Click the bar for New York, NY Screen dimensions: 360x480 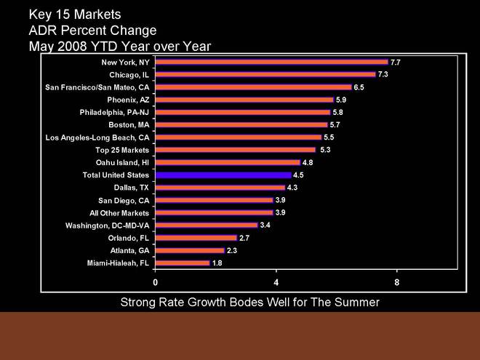(x=271, y=62)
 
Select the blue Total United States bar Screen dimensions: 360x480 (x=223, y=175)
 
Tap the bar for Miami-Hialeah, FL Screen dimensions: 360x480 (x=182, y=263)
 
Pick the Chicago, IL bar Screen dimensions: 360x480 (x=265, y=74)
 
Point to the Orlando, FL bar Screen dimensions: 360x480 (x=196, y=238)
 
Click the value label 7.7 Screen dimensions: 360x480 (x=396, y=63)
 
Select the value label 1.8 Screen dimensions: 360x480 (x=217, y=263)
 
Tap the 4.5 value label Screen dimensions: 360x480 (x=298, y=175)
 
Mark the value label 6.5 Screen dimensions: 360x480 (x=359, y=87)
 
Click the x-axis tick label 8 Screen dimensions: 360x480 (x=397, y=281)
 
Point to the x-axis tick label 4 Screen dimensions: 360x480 (x=276, y=281)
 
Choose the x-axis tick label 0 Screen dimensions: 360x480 (x=155, y=281)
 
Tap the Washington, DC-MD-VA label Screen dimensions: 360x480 (x=107, y=225)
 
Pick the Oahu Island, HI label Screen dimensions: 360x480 (x=122, y=162)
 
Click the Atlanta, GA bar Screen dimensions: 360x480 (x=190, y=250)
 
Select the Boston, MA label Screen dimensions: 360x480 (x=129, y=124)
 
